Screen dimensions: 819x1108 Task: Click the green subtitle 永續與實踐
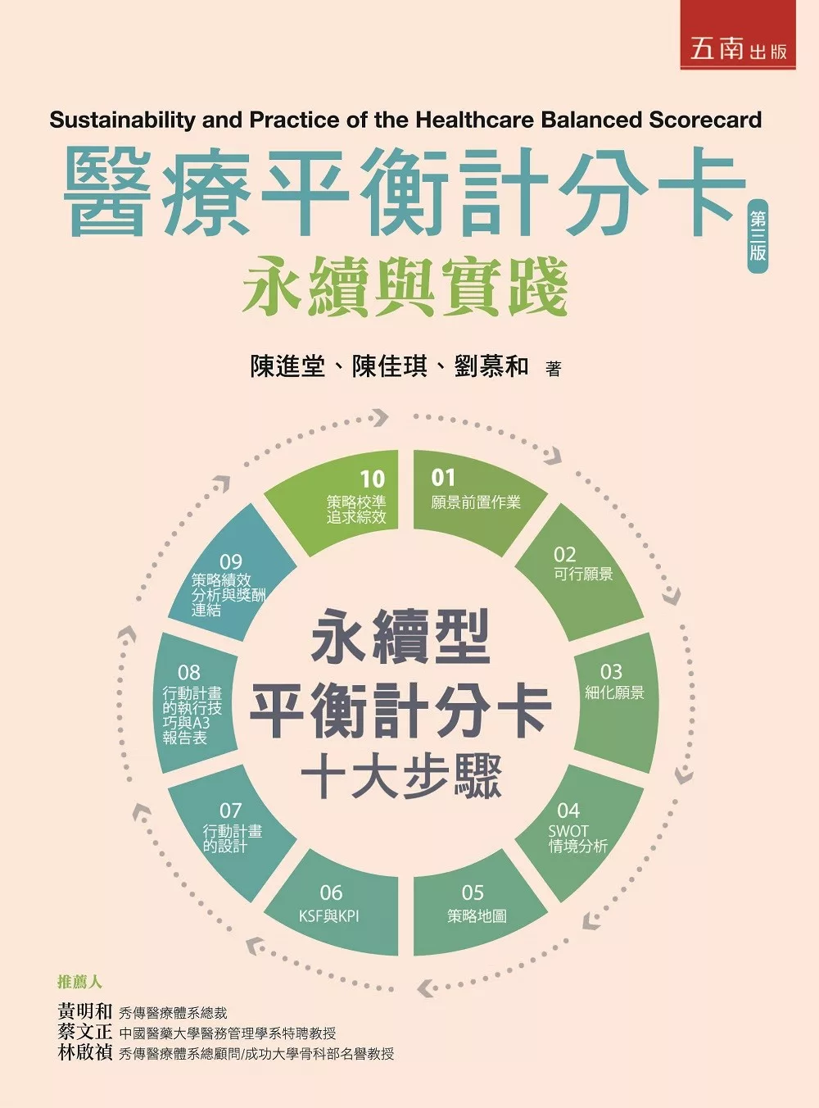pos(405,286)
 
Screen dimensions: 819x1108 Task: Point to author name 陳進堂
pos(287,367)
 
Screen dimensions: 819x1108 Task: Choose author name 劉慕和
pos(491,367)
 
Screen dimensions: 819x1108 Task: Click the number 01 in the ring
pos(443,478)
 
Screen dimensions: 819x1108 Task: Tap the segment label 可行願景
pos(583,574)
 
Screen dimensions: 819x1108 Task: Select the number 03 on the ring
pos(611,672)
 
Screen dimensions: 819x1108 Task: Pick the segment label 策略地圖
pos(477,915)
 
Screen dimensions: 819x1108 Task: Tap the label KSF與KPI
pos(328,915)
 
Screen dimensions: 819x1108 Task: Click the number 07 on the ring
pos(231,810)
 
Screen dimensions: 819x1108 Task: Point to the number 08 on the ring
pos(188,672)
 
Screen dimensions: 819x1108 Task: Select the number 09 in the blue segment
pos(231,562)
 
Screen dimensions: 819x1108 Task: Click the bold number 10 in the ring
pos(373,479)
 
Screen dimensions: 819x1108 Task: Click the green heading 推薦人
pos(80,982)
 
